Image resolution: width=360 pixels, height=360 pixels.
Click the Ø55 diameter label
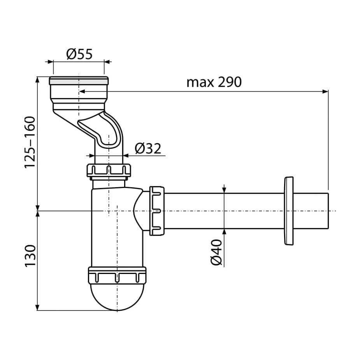click(x=79, y=54)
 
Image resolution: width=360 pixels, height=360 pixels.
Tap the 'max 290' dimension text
click(x=214, y=82)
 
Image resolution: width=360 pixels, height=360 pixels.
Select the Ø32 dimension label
click(x=148, y=148)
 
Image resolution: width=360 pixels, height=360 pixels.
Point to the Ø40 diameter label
click(x=216, y=252)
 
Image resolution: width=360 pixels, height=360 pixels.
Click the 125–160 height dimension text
click(x=30, y=142)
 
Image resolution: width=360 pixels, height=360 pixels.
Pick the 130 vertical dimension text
click(x=30, y=256)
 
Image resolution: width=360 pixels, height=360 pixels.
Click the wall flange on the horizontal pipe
click(x=289, y=211)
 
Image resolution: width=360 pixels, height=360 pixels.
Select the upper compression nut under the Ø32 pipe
click(x=109, y=170)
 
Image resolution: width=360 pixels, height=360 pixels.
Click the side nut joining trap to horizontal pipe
click(x=157, y=211)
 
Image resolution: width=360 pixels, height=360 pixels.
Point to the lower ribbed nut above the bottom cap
click(x=117, y=275)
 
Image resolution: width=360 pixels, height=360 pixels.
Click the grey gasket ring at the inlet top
click(x=79, y=81)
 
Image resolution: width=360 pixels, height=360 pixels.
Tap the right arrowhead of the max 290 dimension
click(x=325, y=91)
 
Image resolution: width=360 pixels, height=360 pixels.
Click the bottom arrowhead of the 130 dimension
click(x=38, y=307)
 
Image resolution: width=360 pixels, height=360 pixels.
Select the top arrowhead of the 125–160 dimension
click(x=38, y=80)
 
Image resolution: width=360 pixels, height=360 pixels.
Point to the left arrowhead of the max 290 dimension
click(x=82, y=91)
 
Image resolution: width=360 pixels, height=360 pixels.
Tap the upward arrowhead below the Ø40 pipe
click(x=224, y=232)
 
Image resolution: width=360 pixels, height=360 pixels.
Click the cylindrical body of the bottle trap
click(x=117, y=227)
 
